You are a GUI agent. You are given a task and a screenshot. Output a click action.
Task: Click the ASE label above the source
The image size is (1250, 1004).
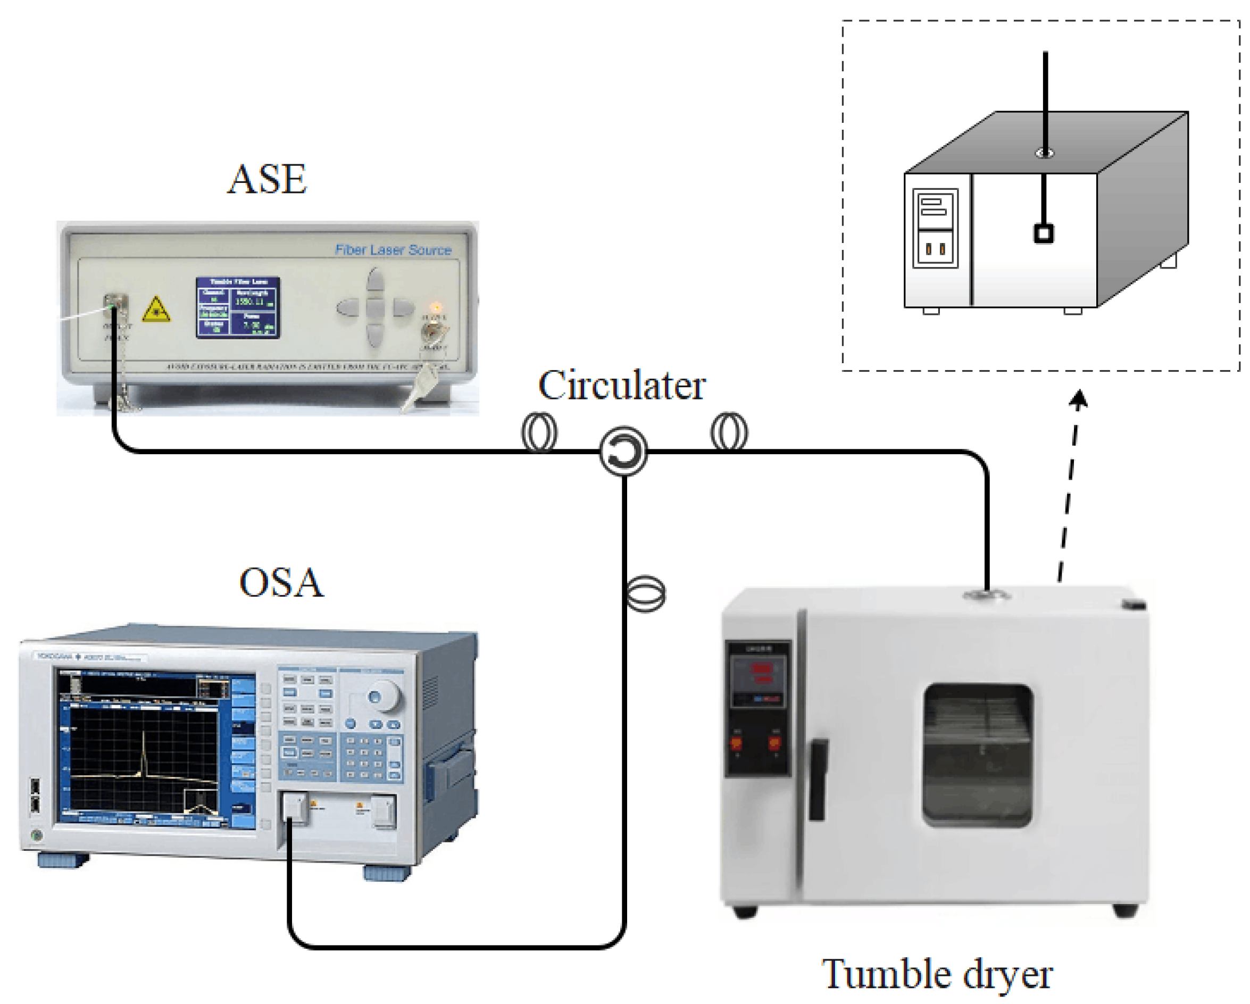(266, 179)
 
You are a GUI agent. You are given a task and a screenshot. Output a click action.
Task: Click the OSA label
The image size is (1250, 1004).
(281, 583)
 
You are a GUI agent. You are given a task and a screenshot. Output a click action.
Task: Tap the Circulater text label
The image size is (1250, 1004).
(621, 386)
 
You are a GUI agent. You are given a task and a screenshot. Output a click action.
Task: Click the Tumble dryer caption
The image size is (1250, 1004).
(937, 974)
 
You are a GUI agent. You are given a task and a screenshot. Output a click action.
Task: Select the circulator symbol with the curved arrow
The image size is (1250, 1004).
(623, 451)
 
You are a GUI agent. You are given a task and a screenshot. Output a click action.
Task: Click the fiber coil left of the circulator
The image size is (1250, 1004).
(539, 432)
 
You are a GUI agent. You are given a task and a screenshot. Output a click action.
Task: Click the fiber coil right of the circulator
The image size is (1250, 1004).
(729, 431)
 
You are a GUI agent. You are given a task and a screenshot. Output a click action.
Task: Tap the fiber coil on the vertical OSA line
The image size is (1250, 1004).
(646, 593)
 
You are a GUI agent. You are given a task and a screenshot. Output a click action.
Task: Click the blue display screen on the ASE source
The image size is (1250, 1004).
(238, 308)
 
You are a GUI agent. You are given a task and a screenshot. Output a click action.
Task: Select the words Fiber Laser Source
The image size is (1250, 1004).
(393, 250)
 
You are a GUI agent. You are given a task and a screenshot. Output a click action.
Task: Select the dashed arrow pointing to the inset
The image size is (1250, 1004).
(1070, 487)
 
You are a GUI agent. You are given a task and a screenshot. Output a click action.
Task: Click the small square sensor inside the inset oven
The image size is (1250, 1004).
(1044, 234)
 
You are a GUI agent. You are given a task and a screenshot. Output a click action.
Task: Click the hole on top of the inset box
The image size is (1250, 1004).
(1045, 153)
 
